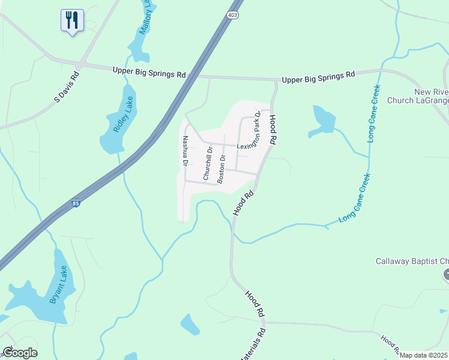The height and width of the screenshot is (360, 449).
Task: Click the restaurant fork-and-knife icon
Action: pyautogui.click(x=72, y=20)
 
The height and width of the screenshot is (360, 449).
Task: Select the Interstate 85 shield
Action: pyautogui.click(x=75, y=205)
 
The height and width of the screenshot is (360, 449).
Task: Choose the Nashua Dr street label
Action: pyautogui.click(x=186, y=151)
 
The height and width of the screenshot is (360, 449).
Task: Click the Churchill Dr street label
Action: pyautogui.click(x=207, y=163)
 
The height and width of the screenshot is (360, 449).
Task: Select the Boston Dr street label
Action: pyautogui.click(x=221, y=169)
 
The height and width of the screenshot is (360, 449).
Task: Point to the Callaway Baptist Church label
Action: pyautogui.click(x=412, y=261)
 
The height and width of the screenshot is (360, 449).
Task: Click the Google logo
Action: pyautogui.click(x=20, y=353)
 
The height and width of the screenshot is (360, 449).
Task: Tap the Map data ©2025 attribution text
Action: pyautogui.click(x=424, y=355)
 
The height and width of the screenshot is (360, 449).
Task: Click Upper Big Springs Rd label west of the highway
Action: pyautogui.click(x=149, y=72)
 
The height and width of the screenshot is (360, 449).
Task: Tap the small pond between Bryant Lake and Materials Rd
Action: pyautogui.click(x=190, y=324)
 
